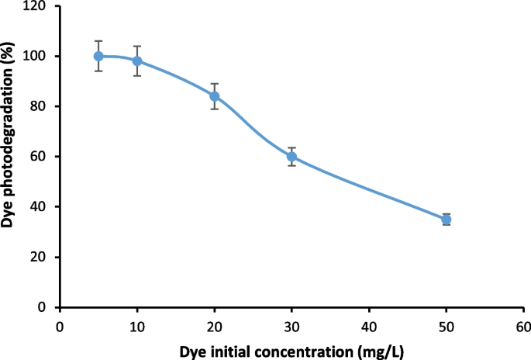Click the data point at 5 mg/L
[x=98, y=56]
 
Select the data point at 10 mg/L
[x=137, y=61]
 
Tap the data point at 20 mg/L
[x=215, y=96]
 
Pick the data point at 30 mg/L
[x=291, y=156]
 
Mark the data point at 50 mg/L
[x=447, y=220]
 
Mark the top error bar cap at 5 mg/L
[x=98, y=40]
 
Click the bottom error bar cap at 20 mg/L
[x=215, y=109]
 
